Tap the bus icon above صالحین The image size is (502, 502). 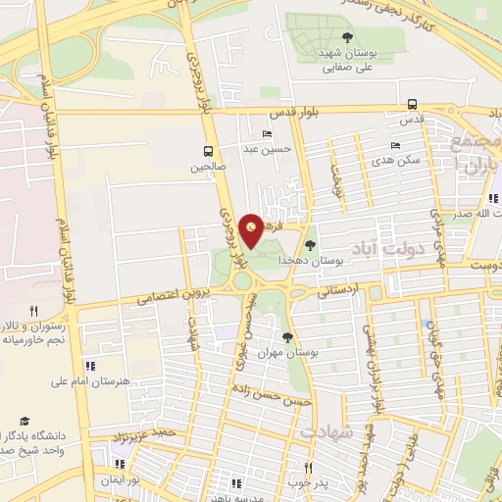208,151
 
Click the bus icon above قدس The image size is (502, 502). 412,104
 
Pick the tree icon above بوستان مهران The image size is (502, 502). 286,337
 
